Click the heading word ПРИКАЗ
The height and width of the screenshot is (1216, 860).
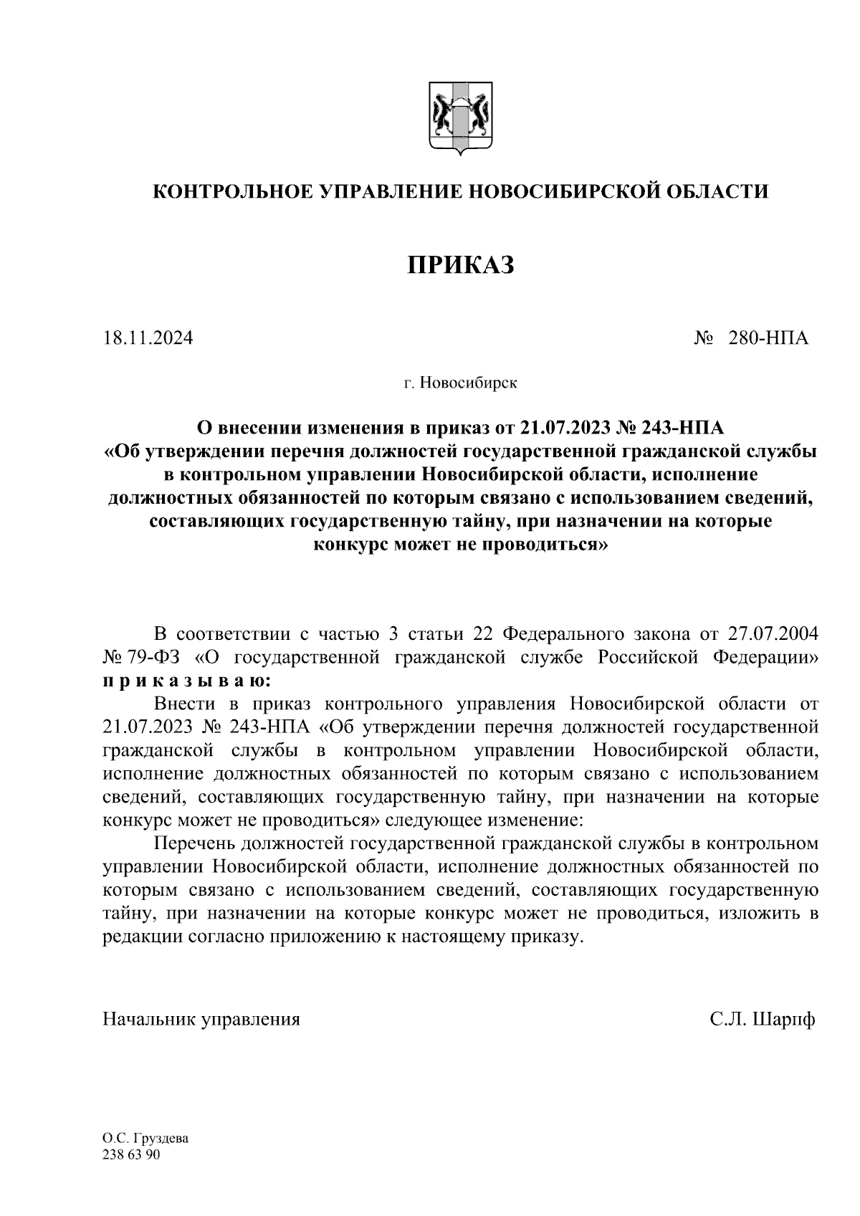pyautogui.click(x=461, y=265)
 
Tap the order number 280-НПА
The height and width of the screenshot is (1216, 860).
pyautogui.click(x=768, y=337)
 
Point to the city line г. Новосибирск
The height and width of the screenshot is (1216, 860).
pyautogui.click(x=460, y=383)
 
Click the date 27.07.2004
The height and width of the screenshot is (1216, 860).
pyautogui.click(x=773, y=634)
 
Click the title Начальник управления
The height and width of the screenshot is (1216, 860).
pyautogui.click(x=201, y=1019)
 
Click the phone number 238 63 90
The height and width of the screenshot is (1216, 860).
pyautogui.click(x=132, y=1155)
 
